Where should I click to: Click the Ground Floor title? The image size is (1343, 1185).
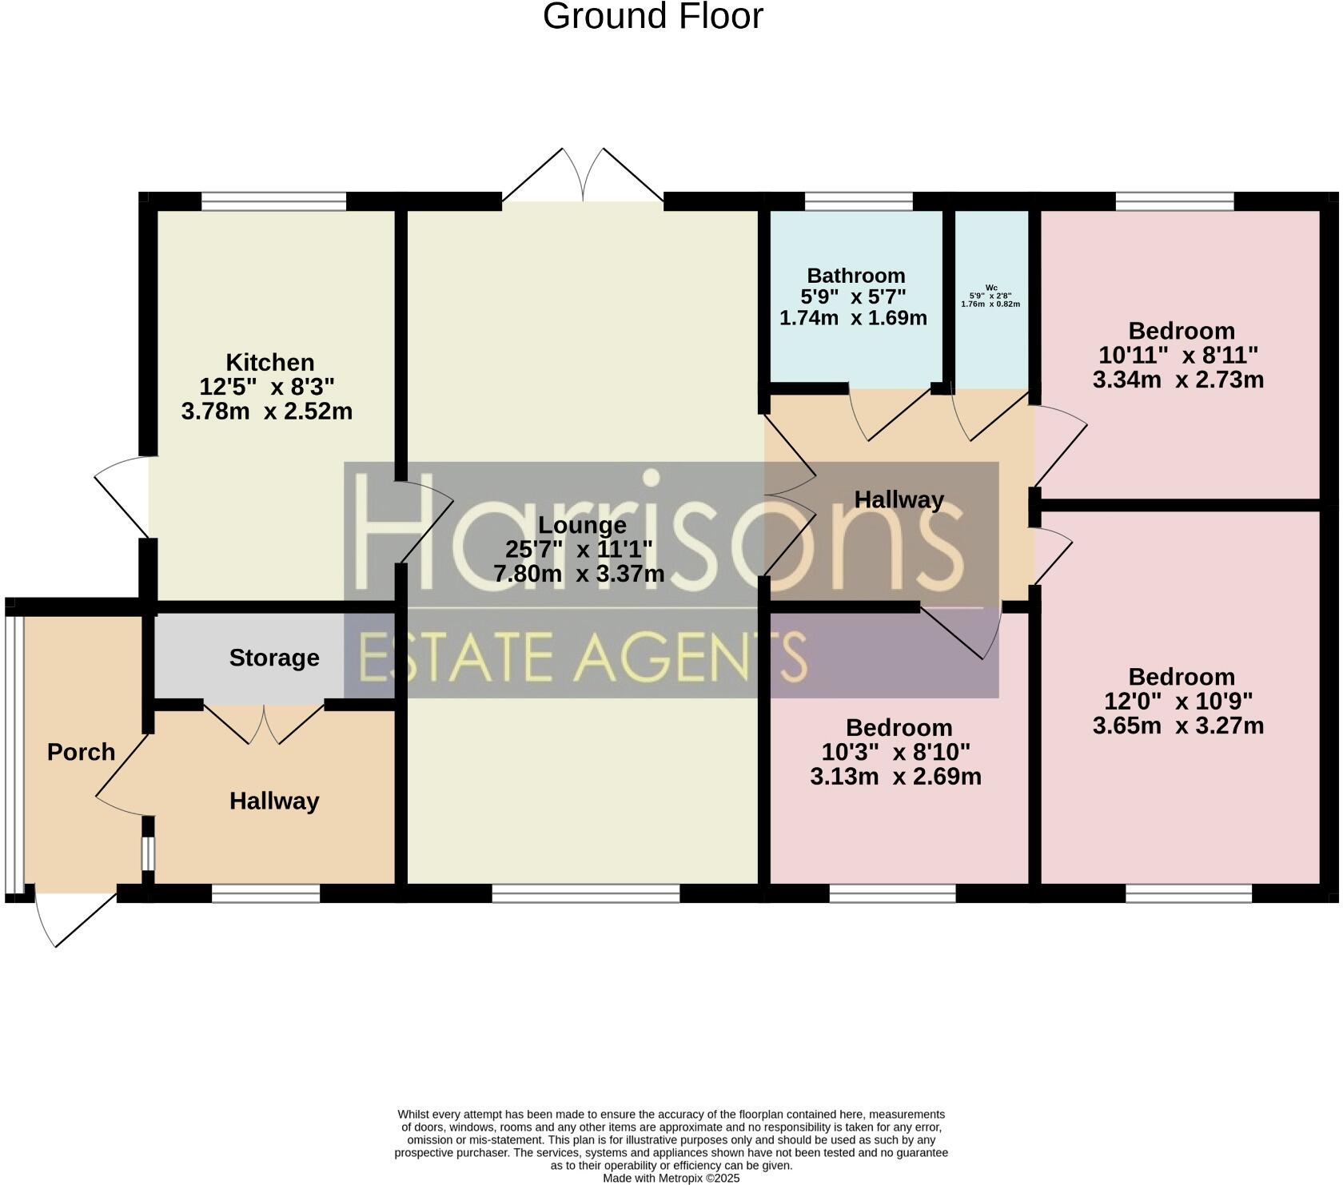pos(652,17)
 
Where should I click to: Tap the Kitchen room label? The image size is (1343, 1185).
pos(269,362)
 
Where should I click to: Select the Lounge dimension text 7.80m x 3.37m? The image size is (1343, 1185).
pos(579,574)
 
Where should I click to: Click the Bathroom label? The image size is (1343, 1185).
pos(855,276)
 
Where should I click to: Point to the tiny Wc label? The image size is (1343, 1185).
pos(991,288)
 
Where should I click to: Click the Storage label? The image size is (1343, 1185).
pos(274,658)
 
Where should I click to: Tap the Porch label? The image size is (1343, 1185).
pos(81,752)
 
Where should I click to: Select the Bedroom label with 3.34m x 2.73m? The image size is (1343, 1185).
pos(1181,331)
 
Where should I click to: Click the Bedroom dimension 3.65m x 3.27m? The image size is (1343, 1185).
pos(1178,726)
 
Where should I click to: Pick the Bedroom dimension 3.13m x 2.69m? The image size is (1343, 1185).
pos(895,777)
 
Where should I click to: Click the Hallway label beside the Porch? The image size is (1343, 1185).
pos(274,801)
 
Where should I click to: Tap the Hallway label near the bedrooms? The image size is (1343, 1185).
pos(899,500)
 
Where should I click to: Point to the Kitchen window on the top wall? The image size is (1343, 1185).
pos(273,201)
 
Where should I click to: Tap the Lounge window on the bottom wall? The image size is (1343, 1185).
pos(585,893)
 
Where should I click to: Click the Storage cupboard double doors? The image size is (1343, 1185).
pos(264,722)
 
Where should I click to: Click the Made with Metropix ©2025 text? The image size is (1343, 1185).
pos(671,1178)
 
